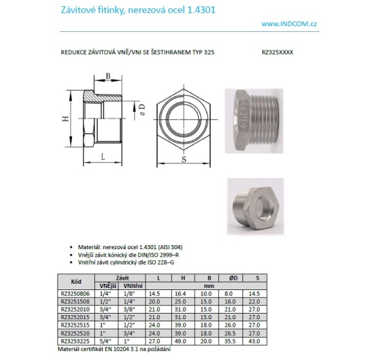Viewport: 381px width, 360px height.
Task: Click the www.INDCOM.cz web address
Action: point(289,24)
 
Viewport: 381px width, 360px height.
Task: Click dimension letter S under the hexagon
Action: point(184,159)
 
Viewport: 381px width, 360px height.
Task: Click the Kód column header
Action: point(76,281)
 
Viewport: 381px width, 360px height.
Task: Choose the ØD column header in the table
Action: point(233,278)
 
